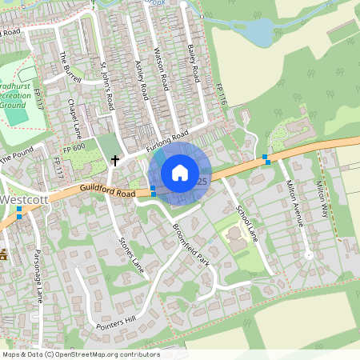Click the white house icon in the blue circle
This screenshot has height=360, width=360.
click(180, 172)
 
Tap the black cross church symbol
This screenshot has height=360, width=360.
click(115, 160)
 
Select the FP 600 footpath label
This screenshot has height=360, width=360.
click(73, 147)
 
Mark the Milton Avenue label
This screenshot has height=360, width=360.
click(295, 204)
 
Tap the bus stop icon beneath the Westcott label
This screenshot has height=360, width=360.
click(18, 212)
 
